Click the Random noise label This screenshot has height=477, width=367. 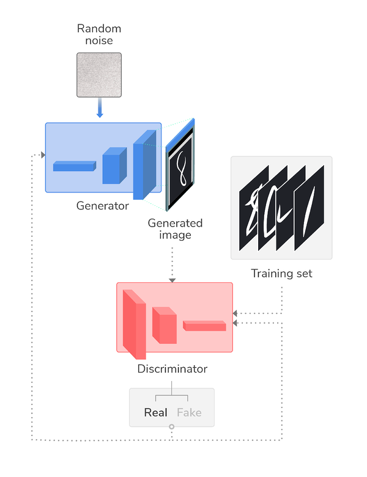99,34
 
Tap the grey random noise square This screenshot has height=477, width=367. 99,75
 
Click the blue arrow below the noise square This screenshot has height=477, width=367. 100,107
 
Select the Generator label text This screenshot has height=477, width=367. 103,206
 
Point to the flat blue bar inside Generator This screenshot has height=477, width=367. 75,166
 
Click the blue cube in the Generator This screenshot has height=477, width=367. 114,166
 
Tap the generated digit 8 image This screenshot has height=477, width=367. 180,168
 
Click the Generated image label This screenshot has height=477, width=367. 175,229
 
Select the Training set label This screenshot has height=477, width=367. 281,273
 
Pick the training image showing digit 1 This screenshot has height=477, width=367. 309,208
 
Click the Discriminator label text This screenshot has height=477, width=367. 172,369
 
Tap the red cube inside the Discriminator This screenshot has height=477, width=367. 165,325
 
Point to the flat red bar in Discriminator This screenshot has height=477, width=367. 204,326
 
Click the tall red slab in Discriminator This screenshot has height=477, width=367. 135,324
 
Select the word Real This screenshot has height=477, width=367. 155,412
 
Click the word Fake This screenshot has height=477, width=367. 189,412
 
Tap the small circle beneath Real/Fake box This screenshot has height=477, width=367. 172,427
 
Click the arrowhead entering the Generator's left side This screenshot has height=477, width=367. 43,155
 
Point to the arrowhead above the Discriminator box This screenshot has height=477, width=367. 172,280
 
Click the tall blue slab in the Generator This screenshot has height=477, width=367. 145,165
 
